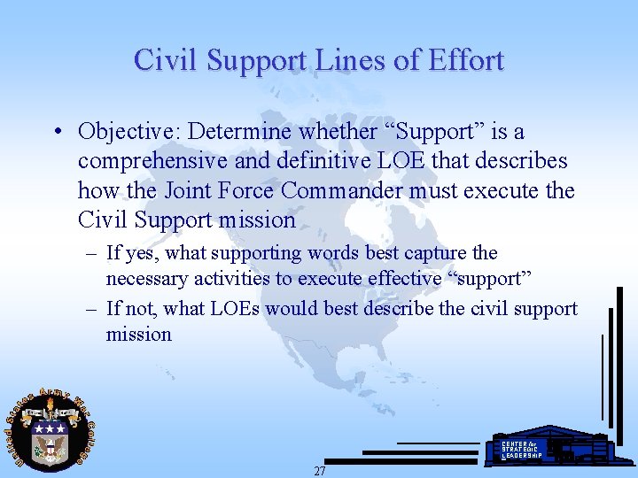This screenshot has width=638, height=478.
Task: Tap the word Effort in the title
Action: [x=466, y=60]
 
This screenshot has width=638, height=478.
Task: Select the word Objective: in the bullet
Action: [x=130, y=132]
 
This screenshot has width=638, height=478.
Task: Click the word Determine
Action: [x=242, y=132]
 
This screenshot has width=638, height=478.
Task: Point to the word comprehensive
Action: [x=154, y=161]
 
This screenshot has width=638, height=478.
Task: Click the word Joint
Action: [x=183, y=190]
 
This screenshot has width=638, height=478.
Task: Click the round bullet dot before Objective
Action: [x=56, y=133]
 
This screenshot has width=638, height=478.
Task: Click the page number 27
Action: [x=319, y=471]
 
